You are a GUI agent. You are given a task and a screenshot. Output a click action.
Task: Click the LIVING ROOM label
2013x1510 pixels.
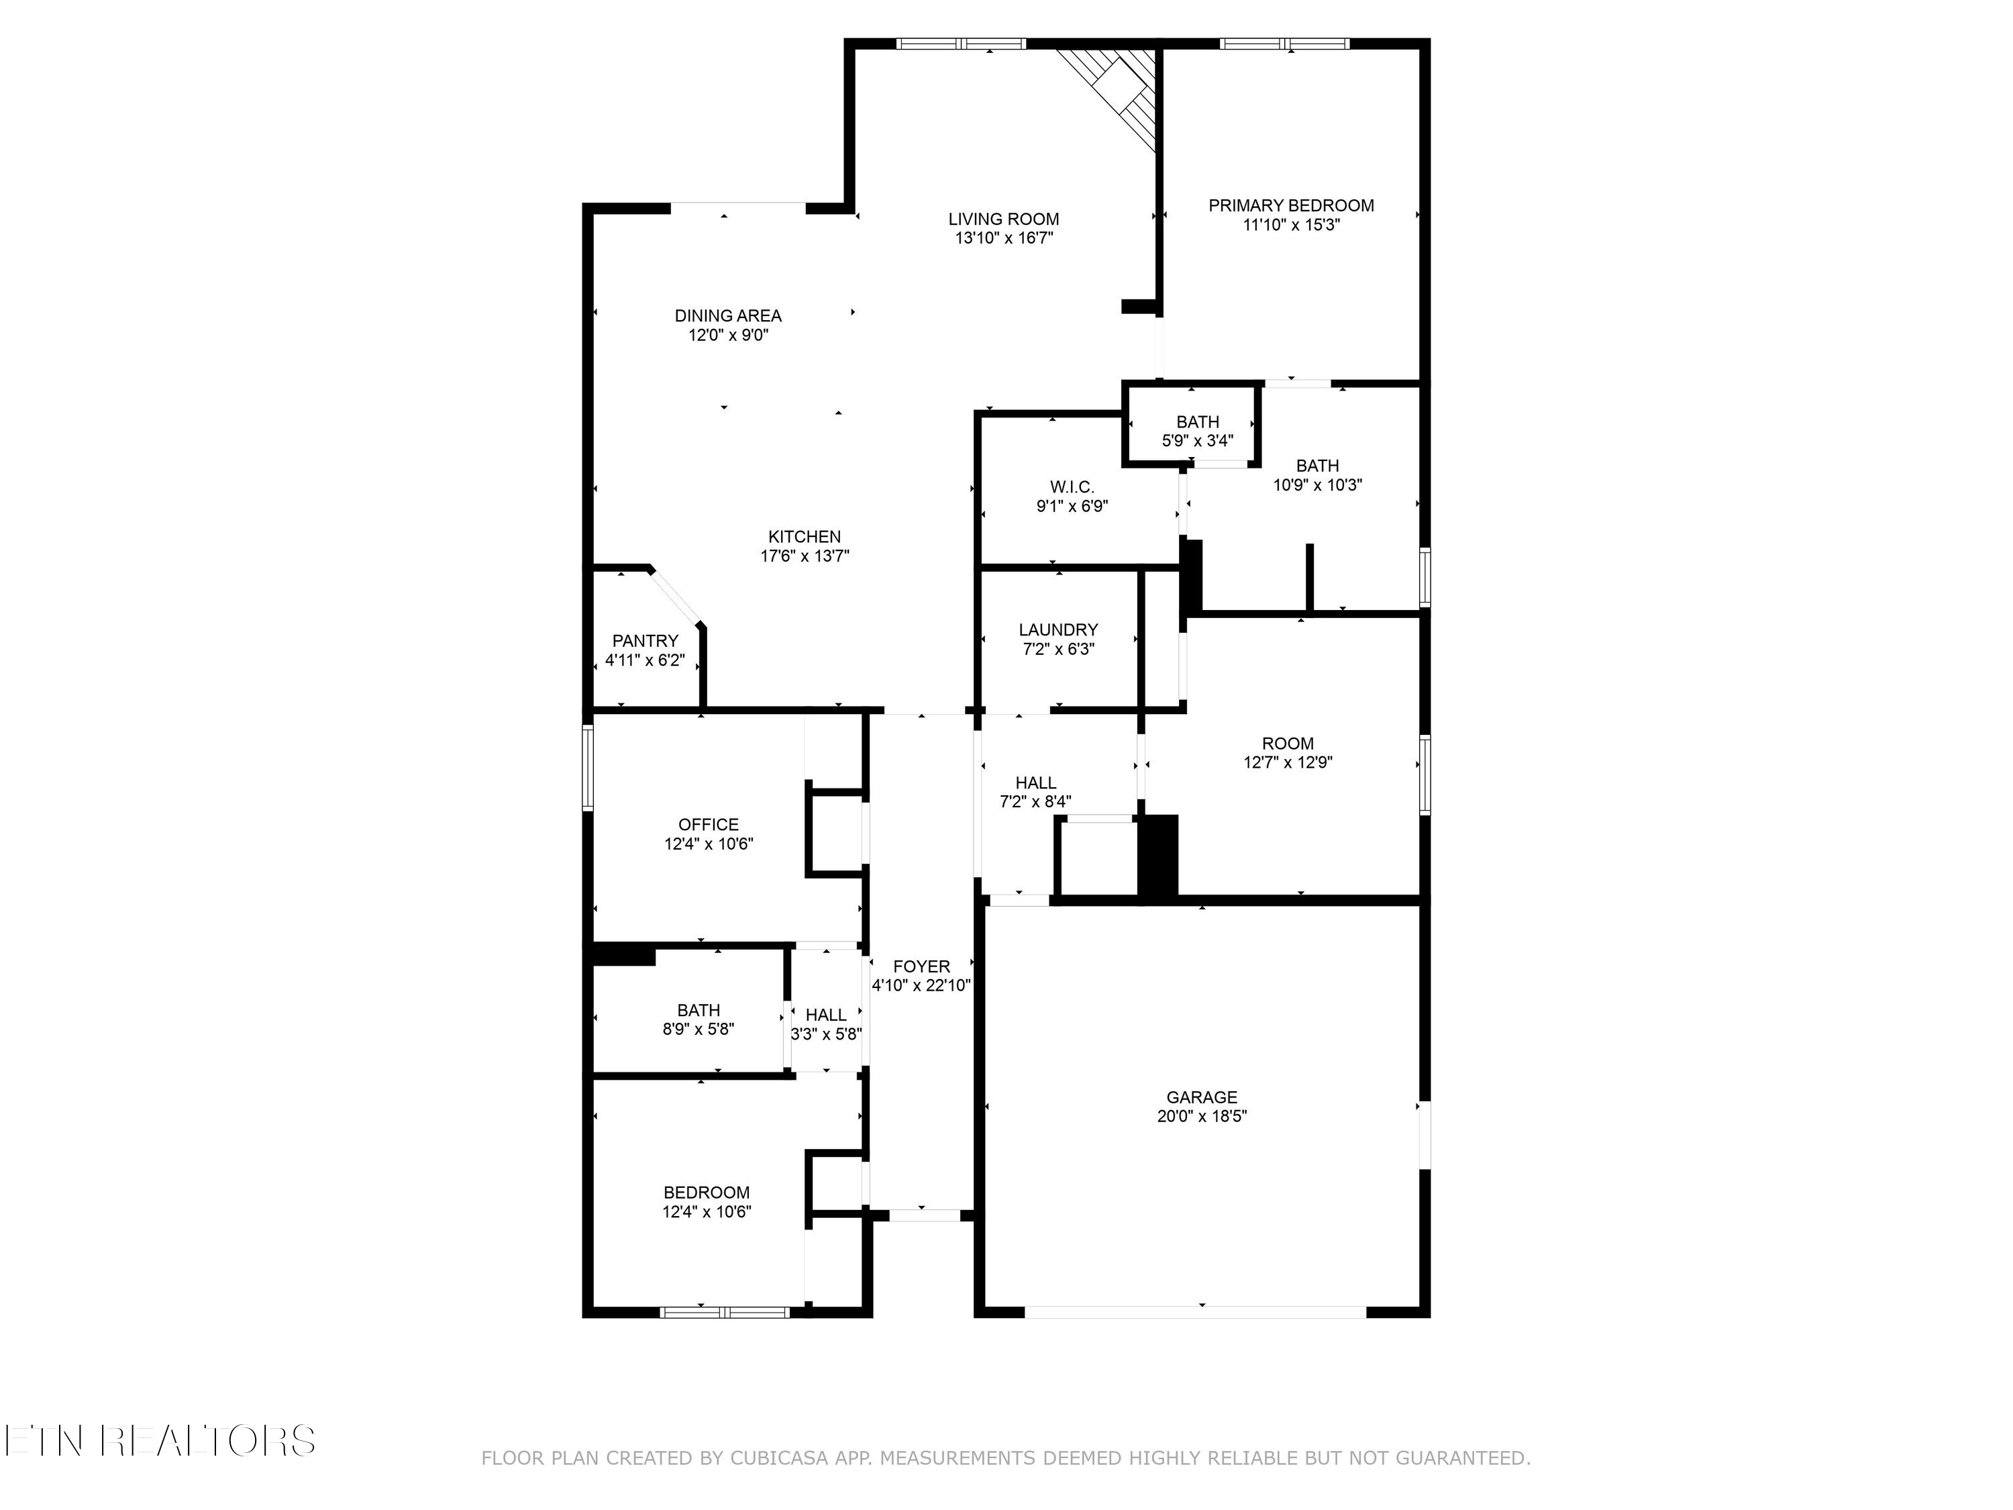click(x=1003, y=219)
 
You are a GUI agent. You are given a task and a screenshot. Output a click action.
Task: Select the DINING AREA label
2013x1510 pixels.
click(x=727, y=316)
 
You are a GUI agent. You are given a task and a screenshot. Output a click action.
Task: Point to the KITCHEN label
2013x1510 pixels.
click(x=804, y=537)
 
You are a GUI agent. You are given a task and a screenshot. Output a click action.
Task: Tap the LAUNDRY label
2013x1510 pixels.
click(x=1057, y=630)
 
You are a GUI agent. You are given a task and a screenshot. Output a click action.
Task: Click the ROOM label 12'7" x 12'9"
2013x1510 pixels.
click(x=1287, y=744)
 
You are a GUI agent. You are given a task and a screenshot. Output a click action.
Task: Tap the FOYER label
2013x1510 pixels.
click(x=921, y=966)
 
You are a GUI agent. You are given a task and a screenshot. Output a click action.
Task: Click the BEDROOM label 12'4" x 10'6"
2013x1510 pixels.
click(x=706, y=1193)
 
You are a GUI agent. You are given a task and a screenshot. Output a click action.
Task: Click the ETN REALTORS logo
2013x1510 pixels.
click(x=159, y=1441)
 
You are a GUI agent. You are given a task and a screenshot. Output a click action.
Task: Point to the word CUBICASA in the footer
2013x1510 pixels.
click(x=778, y=1458)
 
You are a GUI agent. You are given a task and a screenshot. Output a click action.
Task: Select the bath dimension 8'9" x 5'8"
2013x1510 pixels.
click(x=698, y=1029)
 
